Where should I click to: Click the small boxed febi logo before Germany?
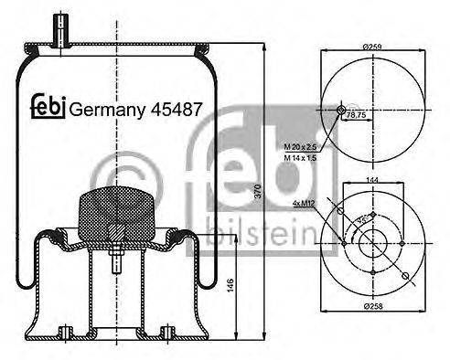pos(47,107)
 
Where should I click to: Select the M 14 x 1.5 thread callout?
pos(301,158)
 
